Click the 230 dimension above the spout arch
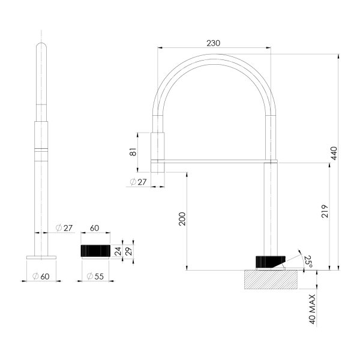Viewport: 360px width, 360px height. [x=214, y=43]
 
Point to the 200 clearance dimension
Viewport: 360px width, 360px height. [x=182, y=220]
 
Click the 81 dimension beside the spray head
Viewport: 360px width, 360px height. [x=134, y=152]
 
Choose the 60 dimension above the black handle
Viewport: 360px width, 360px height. [x=95, y=228]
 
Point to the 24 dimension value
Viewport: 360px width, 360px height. [x=118, y=250]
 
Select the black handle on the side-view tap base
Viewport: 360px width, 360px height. [x=268, y=262]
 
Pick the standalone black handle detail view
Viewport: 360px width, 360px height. [x=95, y=250]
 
